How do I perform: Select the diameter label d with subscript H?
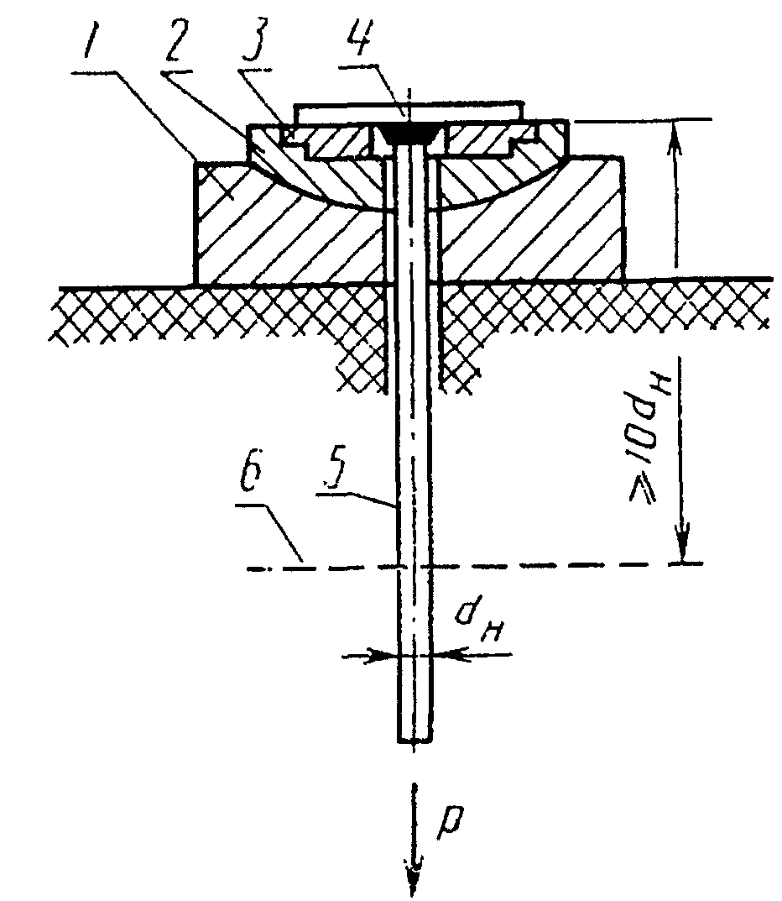point(479,621)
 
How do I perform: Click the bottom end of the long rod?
point(414,741)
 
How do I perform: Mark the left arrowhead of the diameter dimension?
point(383,655)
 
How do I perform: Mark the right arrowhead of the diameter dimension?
point(448,655)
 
